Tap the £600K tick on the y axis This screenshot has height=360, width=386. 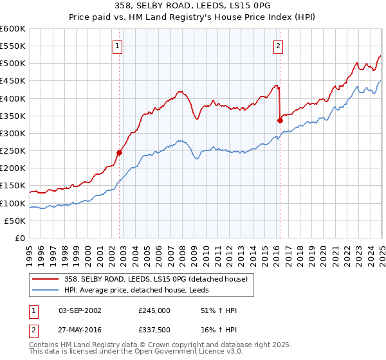coord(13,29)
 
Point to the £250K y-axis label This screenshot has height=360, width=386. coord(13,151)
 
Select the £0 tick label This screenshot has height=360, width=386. coord(21,239)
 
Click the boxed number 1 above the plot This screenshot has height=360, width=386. coord(119,46)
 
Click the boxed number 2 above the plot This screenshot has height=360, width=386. coord(278,46)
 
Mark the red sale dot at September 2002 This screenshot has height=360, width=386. coord(119,153)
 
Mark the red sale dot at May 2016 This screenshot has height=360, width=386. coord(280,120)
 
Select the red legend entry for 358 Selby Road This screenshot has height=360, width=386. coord(154,278)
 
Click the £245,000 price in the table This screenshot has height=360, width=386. coord(154,310)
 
